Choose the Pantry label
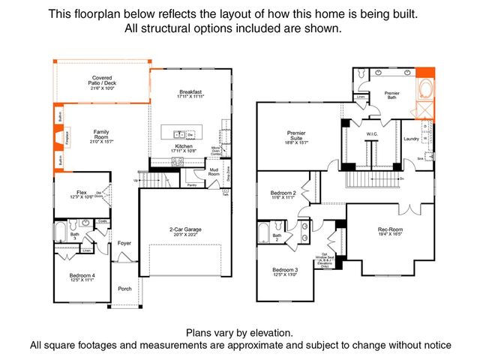click(191, 184)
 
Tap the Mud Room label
click(214, 172)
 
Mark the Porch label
click(124, 290)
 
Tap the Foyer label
click(124, 243)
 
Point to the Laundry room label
click(410, 138)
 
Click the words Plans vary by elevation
click(239, 332)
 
